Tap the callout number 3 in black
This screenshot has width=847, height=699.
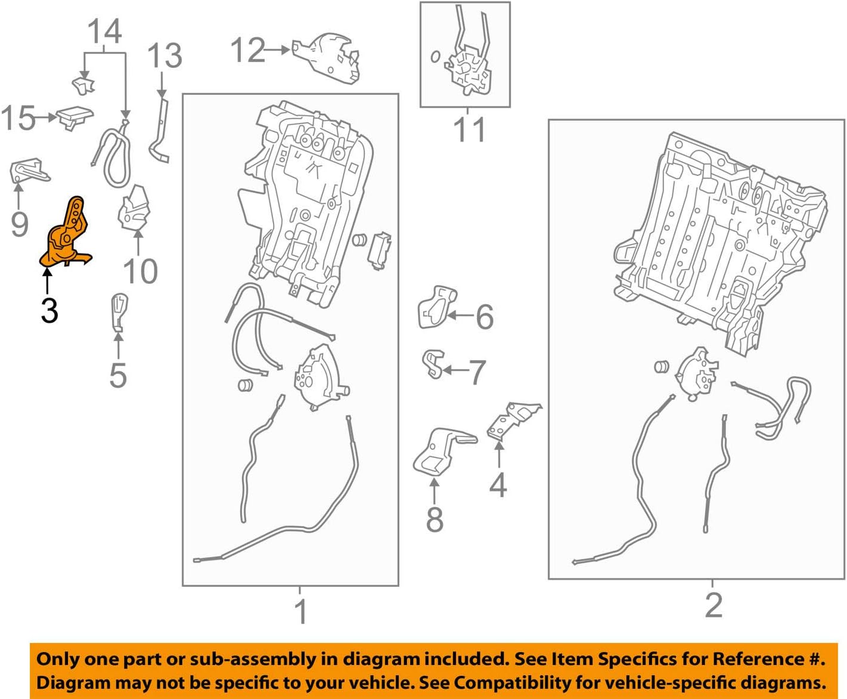[49, 310]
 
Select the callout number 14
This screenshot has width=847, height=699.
[105, 31]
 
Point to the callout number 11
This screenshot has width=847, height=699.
[469, 129]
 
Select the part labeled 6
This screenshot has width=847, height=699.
[436, 307]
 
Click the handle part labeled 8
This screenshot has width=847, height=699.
[440, 451]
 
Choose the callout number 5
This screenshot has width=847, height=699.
[118, 375]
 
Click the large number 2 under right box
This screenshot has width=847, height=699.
[713, 605]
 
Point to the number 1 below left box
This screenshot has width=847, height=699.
[302, 611]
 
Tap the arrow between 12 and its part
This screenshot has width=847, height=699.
[277, 50]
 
